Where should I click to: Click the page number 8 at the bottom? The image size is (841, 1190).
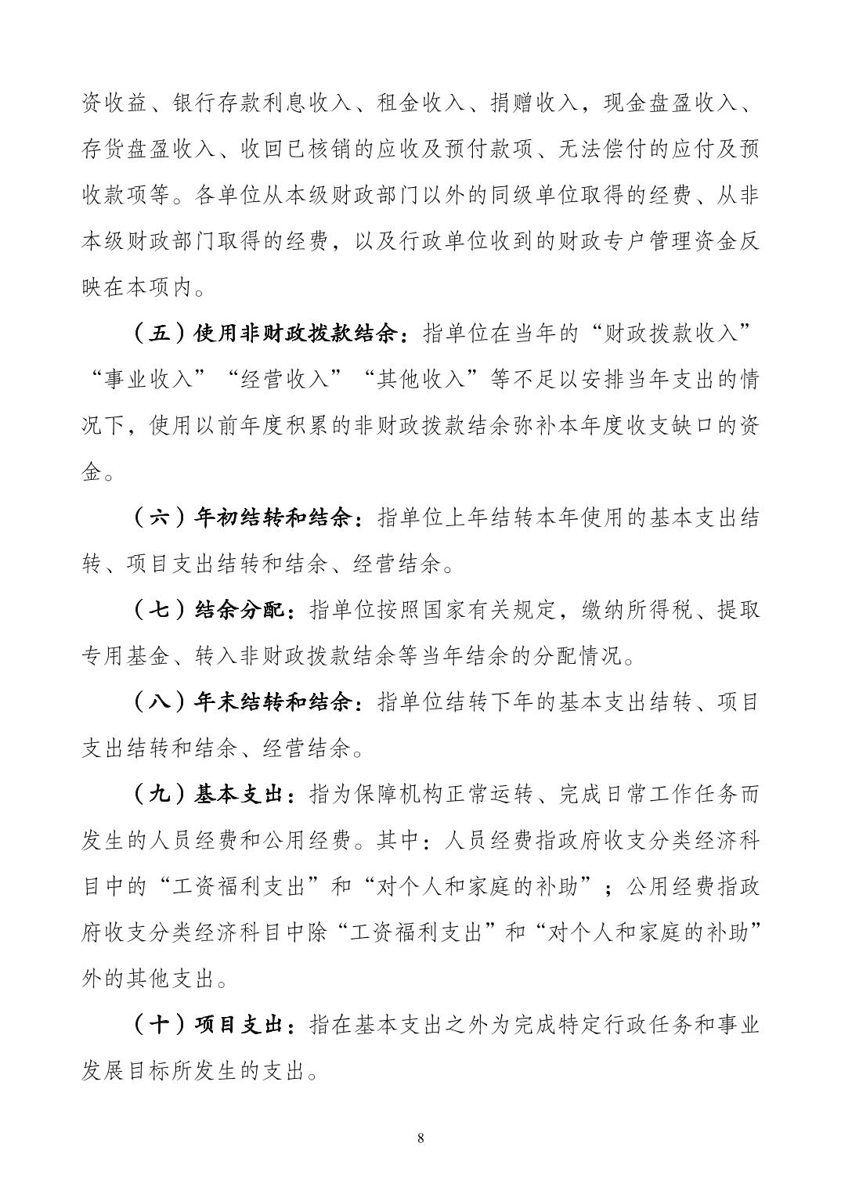(x=421, y=1138)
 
